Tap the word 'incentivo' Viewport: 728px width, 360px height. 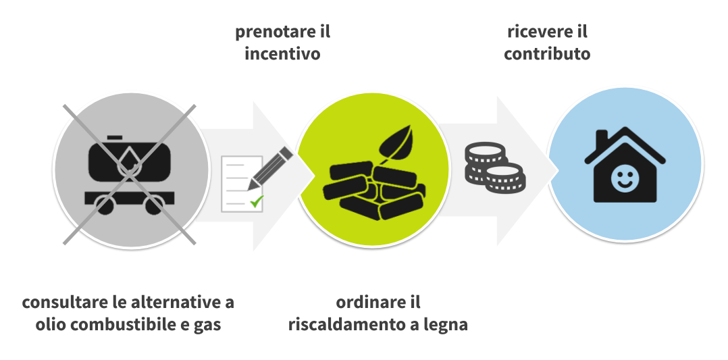pyautogui.click(x=282, y=53)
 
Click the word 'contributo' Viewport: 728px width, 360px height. pyautogui.click(x=547, y=53)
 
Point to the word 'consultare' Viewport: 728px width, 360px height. pyautogui.click(x=58, y=302)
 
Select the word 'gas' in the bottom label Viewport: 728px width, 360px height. pyautogui.click(x=207, y=326)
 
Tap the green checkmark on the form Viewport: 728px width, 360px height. pyautogui.click(x=256, y=201)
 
